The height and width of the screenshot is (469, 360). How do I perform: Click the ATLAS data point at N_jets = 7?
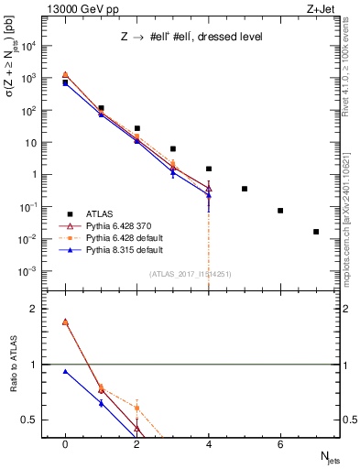pyautogui.click(x=316, y=232)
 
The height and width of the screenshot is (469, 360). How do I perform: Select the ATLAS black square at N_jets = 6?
pyautogui.click(x=280, y=211)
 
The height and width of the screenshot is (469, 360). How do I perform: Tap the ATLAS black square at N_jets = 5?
pyautogui.click(x=245, y=189)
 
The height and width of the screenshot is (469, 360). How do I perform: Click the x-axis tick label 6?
pyautogui.click(x=280, y=444)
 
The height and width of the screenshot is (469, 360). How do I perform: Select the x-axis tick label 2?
pyautogui.click(x=136, y=444)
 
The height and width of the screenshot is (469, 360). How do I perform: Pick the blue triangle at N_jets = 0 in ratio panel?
pyautogui.click(x=65, y=372)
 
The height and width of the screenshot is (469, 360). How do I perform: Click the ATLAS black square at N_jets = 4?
pyautogui.click(x=209, y=169)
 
